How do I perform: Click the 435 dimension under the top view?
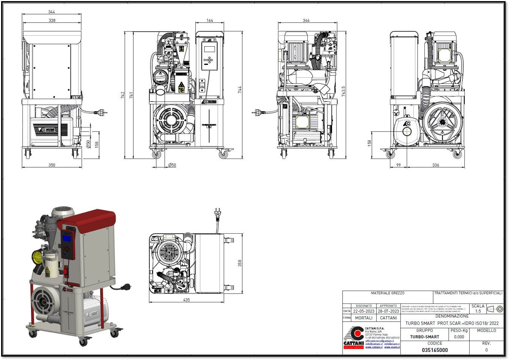(x=186, y=300)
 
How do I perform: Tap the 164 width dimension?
(x=209, y=20)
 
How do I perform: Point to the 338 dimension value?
(x=52, y=20)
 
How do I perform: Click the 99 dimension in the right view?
(x=398, y=165)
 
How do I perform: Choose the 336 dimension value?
(x=435, y=165)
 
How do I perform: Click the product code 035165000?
(x=435, y=350)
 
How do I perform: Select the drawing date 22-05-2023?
(x=363, y=311)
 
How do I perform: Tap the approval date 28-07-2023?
(x=388, y=311)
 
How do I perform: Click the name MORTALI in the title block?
(x=363, y=318)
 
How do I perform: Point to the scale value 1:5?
(x=478, y=311)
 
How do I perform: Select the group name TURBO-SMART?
(x=424, y=337)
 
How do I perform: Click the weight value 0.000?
(x=459, y=337)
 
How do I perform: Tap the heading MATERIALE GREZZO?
(x=387, y=293)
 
